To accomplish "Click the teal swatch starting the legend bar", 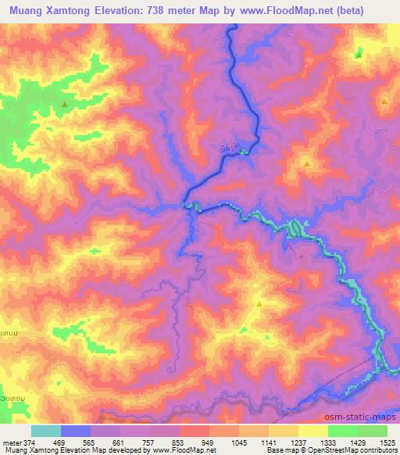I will [x=46, y=431].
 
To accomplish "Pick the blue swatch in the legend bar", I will [x=76, y=431].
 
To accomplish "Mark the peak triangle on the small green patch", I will [x=359, y=55].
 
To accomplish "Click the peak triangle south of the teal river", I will [x=259, y=303].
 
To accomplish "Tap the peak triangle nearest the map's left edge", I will [x=65, y=104].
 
